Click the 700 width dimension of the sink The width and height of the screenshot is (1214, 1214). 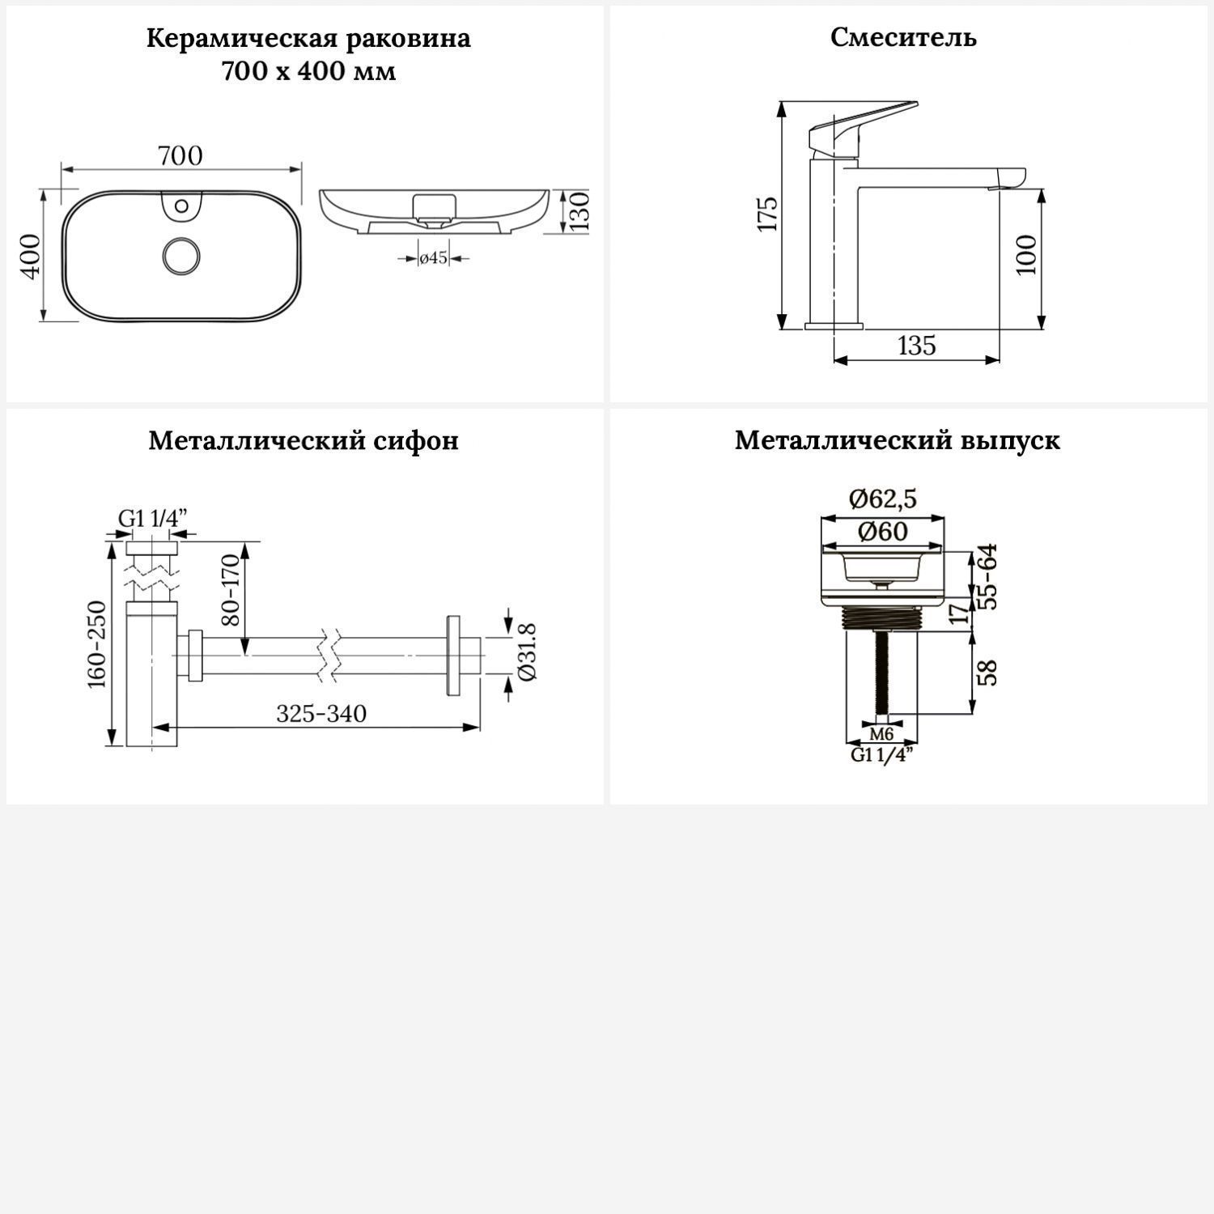tap(180, 155)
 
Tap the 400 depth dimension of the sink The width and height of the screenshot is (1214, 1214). tap(30, 256)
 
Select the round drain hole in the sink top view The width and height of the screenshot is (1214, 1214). tap(180, 256)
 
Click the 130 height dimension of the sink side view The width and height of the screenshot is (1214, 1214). tap(579, 211)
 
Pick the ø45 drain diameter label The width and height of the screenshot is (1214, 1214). tap(433, 258)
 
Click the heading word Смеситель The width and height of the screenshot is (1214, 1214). tap(903, 37)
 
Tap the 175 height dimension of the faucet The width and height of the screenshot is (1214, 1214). tap(767, 214)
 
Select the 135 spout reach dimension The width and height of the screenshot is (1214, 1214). tap(917, 346)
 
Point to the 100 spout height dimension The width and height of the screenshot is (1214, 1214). tap(1026, 255)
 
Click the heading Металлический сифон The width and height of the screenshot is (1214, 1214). tap(303, 440)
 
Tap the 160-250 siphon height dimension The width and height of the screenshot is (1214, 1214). tap(97, 644)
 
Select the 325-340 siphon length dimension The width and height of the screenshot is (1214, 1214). tap(321, 714)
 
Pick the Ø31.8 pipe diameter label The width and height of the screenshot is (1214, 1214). tap(525, 652)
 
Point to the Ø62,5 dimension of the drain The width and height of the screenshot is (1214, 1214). tap(883, 499)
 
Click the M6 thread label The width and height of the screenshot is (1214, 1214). tap(881, 734)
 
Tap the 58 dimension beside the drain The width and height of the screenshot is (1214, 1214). tap(987, 673)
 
